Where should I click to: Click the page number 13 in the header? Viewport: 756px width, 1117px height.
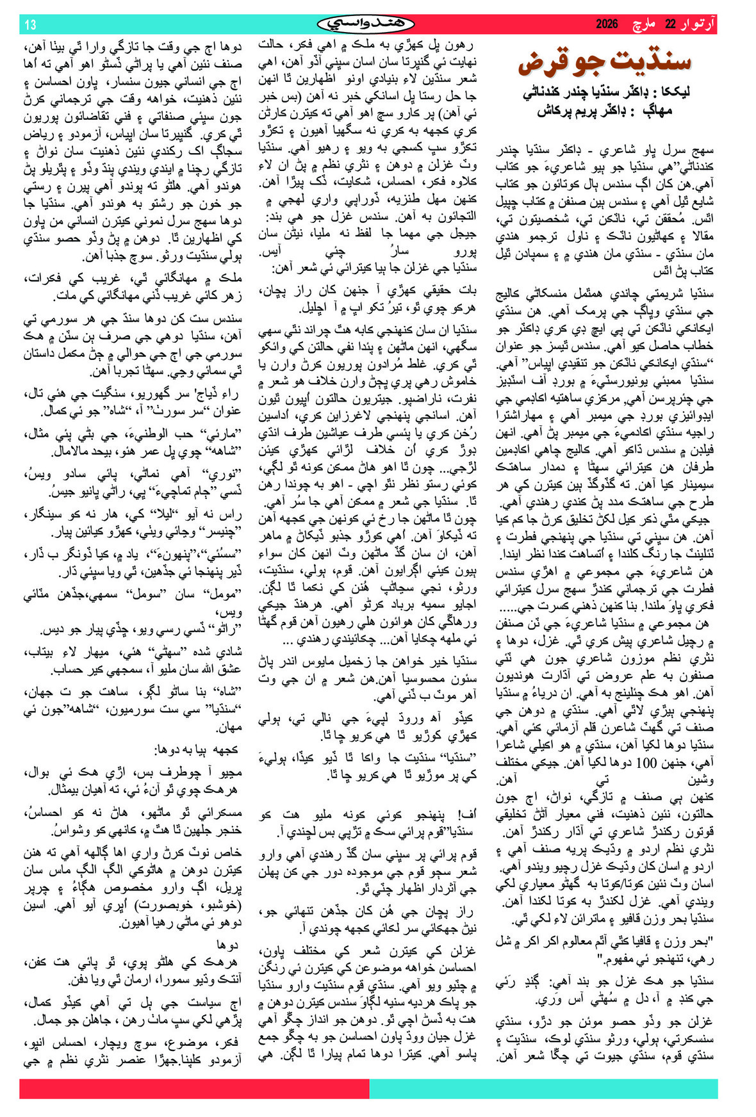[31, 25]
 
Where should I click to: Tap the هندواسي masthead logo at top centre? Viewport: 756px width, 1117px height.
[366, 24]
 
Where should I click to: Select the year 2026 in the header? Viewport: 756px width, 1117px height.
[607, 24]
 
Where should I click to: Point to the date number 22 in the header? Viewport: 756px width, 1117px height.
[670, 24]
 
